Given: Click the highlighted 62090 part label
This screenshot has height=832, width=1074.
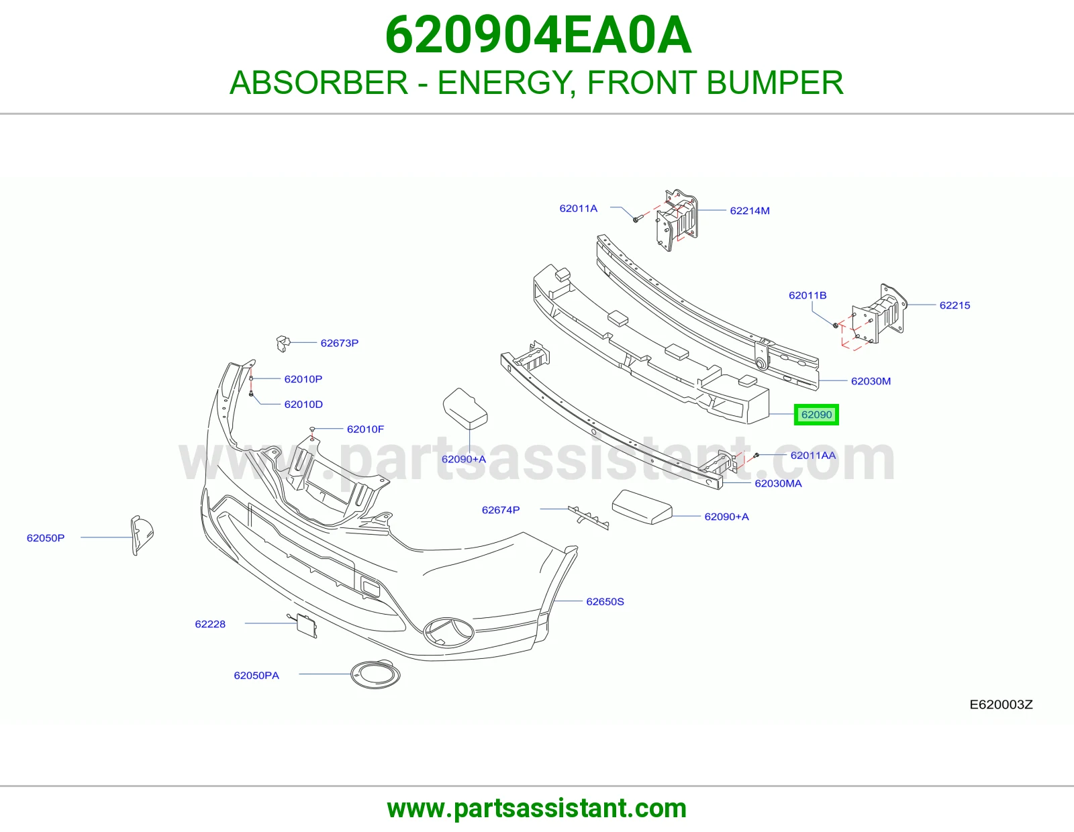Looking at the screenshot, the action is [x=816, y=415].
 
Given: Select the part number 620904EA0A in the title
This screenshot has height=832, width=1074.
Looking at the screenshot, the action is [x=538, y=35].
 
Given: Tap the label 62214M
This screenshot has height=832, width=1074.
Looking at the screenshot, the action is [x=749, y=211].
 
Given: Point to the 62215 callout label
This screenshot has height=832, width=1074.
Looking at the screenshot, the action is [x=955, y=305].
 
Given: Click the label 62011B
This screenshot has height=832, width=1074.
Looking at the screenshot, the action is [x=807, y=295].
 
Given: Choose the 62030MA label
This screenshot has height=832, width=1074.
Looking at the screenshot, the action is [x=778, y=483].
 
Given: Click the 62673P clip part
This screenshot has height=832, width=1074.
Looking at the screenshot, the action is [x=283, y=344].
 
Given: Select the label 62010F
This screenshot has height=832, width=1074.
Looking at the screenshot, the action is [x=365, y=429].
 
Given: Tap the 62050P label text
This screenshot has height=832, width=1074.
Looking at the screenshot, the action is [x=46, y=537].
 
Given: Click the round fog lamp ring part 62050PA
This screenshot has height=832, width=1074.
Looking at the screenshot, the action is [x=375, y=674].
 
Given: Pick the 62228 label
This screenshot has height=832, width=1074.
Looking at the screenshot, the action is [x=210, y=624].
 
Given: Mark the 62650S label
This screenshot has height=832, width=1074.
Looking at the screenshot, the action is [x=605, y=601].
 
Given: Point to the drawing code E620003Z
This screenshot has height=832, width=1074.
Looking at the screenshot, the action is [x=1001, y=705].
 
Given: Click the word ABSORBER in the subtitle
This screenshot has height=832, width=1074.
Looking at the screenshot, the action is [x=319, y=83].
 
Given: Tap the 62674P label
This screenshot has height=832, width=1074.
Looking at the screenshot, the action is [x=501, y=510].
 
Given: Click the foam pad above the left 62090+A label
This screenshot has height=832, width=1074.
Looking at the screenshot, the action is [x=465, y=409].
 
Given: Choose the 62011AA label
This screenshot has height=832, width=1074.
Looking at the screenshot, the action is [x=813, y=455].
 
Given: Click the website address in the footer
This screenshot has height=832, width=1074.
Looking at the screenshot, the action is [x=537, y=809].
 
